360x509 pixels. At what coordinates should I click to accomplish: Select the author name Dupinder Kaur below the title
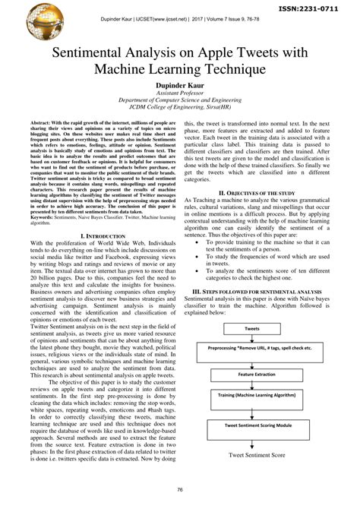pyautogui.click(x=179, y=87)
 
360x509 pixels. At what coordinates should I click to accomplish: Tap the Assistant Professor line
pyautogui.click(x=179, y=96)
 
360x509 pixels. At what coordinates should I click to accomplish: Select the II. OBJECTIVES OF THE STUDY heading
pyautogui.click(x=267, y=194)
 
